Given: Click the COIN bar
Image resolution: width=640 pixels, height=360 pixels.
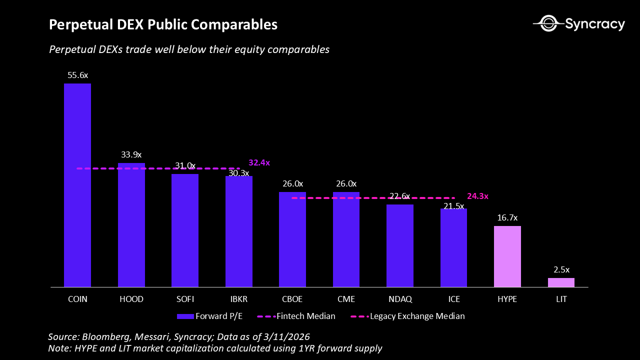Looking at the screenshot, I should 77,185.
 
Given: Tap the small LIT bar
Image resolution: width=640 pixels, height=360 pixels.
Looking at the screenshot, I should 561,282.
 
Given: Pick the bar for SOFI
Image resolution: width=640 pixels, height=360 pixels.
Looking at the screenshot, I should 185,230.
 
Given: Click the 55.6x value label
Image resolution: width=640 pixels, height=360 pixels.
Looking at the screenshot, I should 77,75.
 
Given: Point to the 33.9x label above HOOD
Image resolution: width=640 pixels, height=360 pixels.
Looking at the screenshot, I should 131,155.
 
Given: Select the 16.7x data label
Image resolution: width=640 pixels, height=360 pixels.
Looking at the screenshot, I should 507,218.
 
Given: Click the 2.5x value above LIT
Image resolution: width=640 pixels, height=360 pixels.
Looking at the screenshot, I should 561,270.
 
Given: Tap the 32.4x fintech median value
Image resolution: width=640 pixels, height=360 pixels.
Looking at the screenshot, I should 259,163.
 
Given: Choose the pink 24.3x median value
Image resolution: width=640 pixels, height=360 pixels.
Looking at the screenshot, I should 477,196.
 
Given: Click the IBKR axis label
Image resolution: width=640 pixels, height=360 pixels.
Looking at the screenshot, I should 238,299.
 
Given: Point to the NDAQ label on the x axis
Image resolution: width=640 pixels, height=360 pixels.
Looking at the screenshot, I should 400,299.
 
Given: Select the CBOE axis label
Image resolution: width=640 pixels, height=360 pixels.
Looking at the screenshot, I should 292,299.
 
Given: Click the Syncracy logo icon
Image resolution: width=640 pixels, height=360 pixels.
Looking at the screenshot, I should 548,23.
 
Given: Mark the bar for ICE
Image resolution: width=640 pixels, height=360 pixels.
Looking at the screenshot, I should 453,247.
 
